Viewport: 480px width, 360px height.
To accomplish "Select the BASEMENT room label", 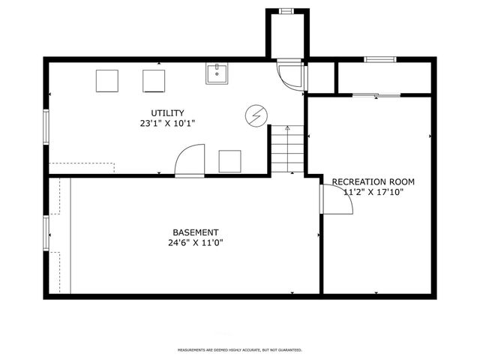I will pos(195,232).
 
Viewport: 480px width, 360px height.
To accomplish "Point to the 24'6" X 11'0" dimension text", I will pos(195,243).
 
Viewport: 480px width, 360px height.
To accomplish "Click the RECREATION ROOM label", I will pos(373,182).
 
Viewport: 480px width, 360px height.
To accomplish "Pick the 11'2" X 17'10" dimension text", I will pos(373,192).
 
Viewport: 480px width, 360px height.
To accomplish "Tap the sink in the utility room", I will pos(217,73).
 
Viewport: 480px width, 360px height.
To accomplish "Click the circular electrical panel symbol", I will pos(255,116).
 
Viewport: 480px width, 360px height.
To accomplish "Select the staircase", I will pos(287,148).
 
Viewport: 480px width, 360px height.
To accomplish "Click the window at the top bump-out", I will pos(286,10).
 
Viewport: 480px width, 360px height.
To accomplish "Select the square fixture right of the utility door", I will pos(229,160).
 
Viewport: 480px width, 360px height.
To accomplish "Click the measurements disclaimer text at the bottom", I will pos(239,350).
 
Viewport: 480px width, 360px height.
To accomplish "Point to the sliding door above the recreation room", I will pos(376,95).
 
